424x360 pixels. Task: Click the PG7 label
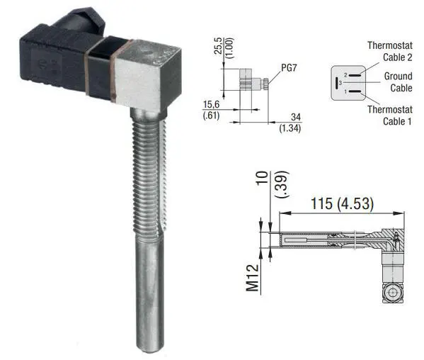tap(289, 67)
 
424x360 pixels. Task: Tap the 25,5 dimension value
tap(218, 46)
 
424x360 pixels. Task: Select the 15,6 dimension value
tap(211, 104)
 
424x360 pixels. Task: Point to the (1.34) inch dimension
tap(290, 128)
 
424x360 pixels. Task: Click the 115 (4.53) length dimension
tap(342, 203)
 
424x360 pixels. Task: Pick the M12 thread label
tap(252, 279)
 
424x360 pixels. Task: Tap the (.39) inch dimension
tap(282, 184)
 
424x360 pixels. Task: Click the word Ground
tap(398, 76)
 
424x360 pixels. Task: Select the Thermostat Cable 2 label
tap(390, 51)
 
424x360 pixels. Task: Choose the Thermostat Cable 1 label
tap(390, 116)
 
